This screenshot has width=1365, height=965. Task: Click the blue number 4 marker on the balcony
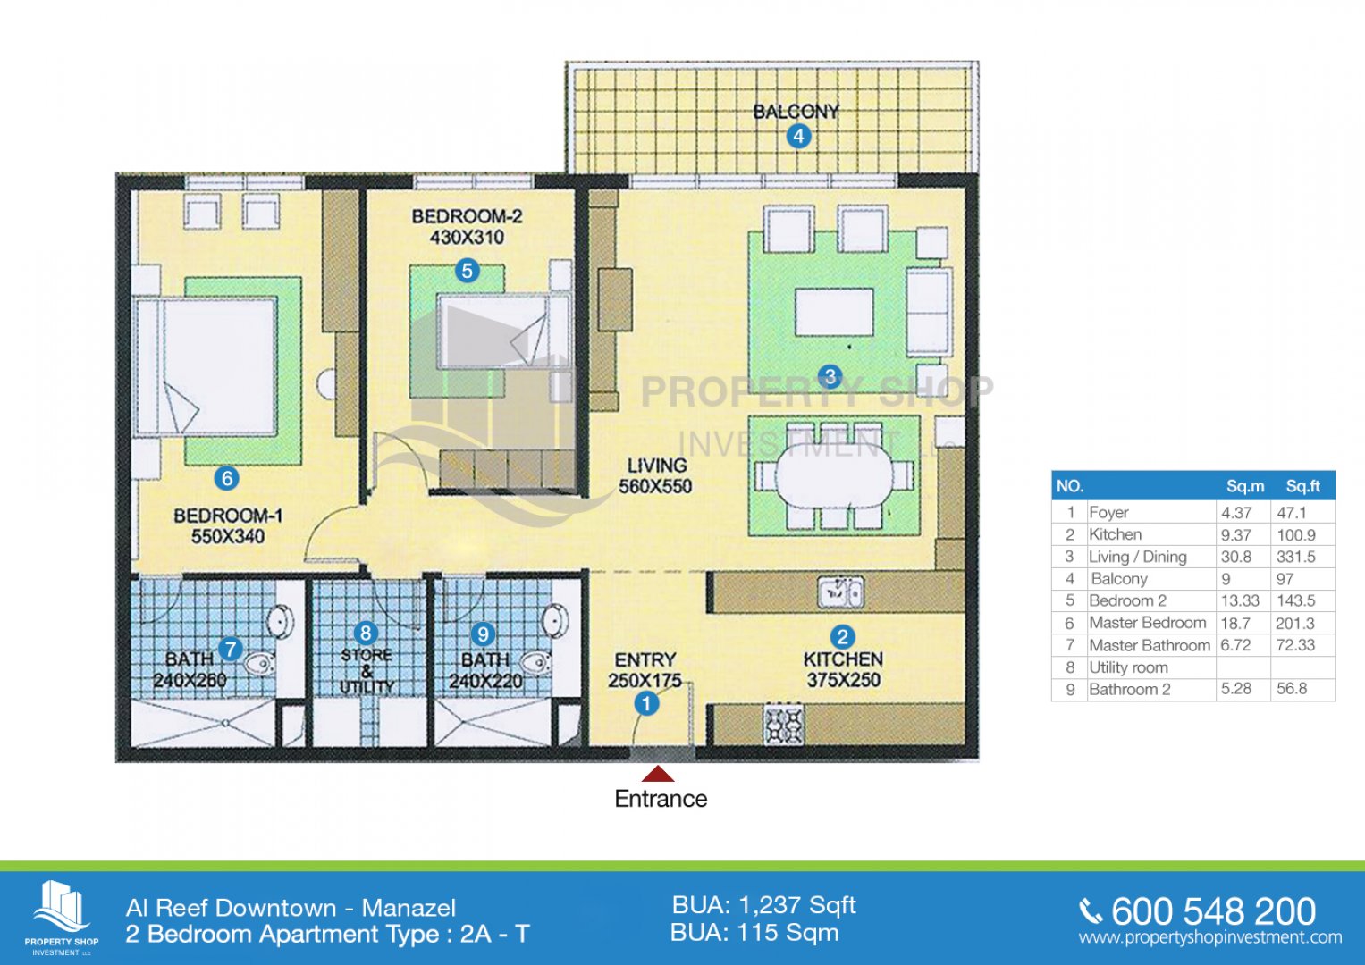(798, 136)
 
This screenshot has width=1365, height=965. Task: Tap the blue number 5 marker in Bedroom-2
(468, 271)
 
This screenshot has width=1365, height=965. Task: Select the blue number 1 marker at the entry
(646, 704)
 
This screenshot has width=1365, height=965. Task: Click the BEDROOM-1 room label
(228, 516)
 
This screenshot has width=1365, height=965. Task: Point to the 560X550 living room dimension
(656, 486)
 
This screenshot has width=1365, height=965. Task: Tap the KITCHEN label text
(843, 659)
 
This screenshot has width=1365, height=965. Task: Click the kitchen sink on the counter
(840, 592)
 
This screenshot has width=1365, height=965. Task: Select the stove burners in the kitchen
(784, 725)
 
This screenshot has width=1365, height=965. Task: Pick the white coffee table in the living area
(834, 312)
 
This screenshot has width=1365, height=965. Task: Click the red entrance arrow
(658, 775)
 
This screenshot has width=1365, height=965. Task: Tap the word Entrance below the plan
(661, 799)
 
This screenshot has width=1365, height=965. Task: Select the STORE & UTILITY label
(367, 671)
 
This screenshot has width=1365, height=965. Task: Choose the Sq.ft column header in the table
(1302, 486)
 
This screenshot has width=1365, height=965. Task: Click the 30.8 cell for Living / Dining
(1235, 557)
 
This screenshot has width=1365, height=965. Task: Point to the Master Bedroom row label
(1148, 623)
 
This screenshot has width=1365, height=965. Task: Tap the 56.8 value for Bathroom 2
(1292, 688)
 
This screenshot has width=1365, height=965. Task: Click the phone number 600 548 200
(1214, 911)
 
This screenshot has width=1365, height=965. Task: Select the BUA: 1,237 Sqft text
(763, 905)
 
